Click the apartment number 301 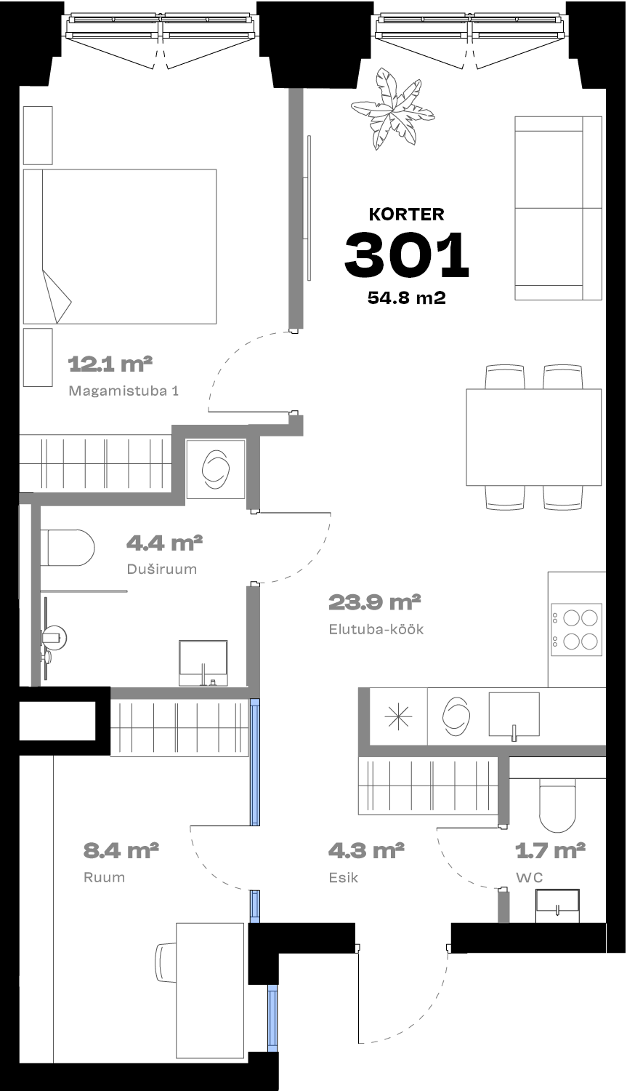[406, 255]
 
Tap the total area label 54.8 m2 [407, 297]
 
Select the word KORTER [407, 215]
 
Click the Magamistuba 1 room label [124, 391]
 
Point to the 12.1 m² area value [110, 364]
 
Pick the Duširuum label [161, 569]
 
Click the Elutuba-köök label [376, 629]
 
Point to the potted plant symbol [392, 109]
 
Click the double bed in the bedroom [120, 247]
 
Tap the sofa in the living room [559, 208]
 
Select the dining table [533, 437]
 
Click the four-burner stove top [576, 629]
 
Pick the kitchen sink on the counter [514, 714]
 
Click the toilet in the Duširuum [67, 548]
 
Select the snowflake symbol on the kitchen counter [398, 716]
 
